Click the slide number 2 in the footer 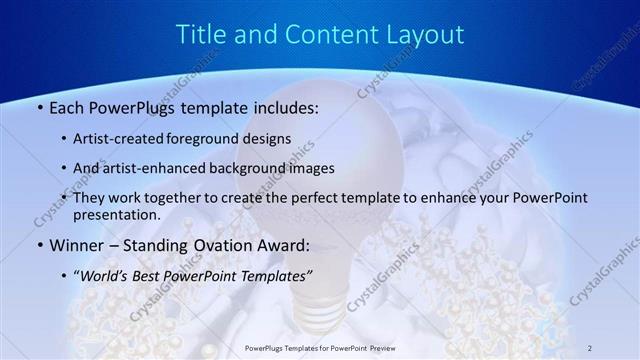click(591, 347)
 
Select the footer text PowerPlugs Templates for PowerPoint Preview click(320, 347)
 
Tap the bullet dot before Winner click(39, 245)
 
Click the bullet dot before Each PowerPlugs click(39, 106)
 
